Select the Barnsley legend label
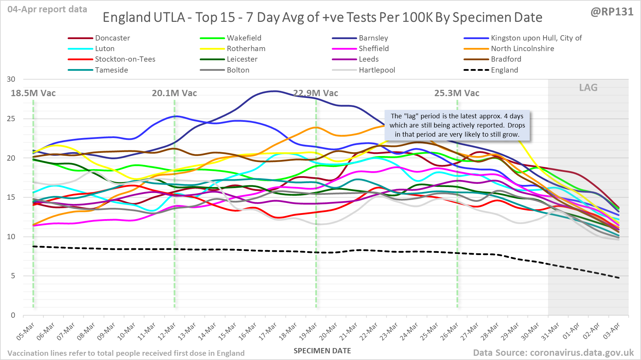point(373,38)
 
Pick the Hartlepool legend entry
point(377,70)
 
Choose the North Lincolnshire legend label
point(522,49)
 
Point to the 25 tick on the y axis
point(11,119)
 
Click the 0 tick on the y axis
point(13,315)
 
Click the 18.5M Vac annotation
point(33,93)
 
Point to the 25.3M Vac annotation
point(457,93)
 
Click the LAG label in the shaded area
point(588,88)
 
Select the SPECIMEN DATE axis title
point(322,351)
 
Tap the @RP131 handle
point(612,12)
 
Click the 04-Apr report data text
point(47,10)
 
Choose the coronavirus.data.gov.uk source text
point(553,353)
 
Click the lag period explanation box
point(457,125)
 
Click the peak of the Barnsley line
point(274,91)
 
